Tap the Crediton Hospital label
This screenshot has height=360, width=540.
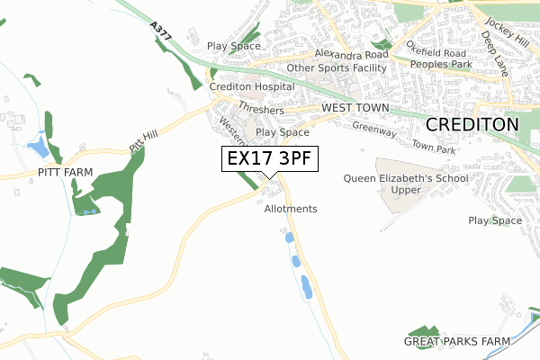252,86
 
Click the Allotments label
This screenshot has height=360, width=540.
291,209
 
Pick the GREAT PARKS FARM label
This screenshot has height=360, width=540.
456,341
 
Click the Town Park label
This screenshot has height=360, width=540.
435,145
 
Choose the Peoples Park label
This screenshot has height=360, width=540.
441,65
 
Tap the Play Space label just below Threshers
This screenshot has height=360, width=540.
282,132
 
